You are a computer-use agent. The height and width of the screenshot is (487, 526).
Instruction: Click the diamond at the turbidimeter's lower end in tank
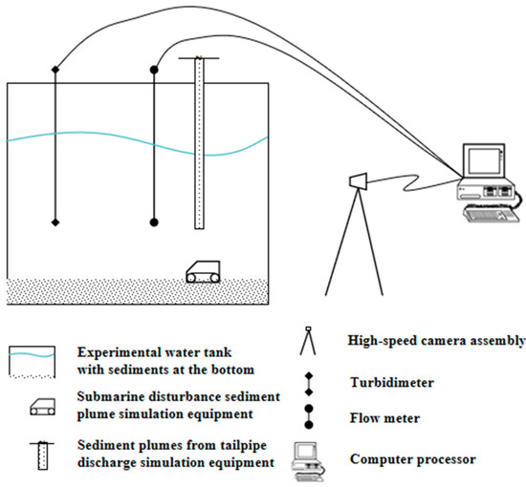[55, 222]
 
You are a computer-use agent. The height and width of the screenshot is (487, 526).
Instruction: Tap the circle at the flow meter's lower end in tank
[155, 222]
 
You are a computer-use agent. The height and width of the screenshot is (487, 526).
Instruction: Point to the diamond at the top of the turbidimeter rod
[55, 69]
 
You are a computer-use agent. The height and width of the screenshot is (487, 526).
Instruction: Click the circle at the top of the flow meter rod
[155, 69]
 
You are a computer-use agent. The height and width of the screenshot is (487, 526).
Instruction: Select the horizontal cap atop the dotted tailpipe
[198, 59]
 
